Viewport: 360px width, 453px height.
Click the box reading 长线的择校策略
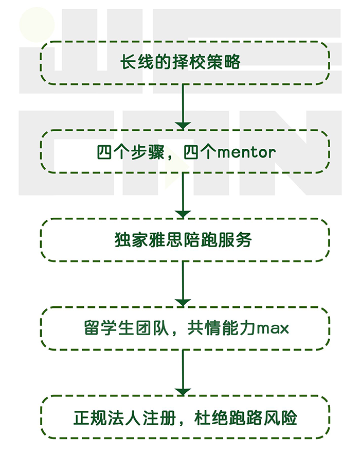(184, 63)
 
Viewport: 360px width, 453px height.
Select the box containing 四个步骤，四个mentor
(184, 152)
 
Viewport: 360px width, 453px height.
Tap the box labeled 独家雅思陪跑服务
(184, 240)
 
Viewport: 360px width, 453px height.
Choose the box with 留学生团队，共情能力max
(184, 328)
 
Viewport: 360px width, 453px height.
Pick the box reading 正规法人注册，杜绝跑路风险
(184, 417)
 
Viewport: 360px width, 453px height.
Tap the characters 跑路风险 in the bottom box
(264, 417)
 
